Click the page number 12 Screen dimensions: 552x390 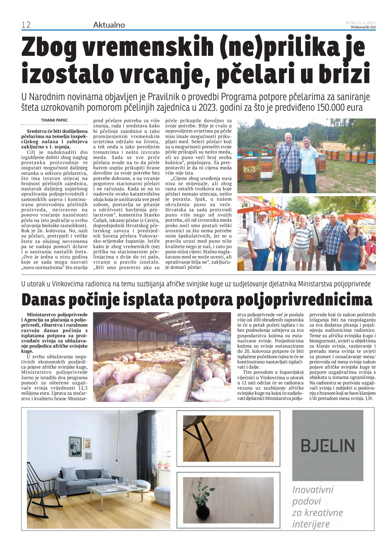(x=26, y=25)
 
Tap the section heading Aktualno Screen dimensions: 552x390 (x=109, y=25)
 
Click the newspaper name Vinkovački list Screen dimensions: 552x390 (x=363, y=27)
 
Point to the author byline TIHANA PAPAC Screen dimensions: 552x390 (x=54, y=120)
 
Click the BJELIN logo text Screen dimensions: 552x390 (x=327, y=445)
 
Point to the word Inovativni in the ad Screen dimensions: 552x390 (x=313, y=490)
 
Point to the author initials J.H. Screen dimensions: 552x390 (x=371, y=398)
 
